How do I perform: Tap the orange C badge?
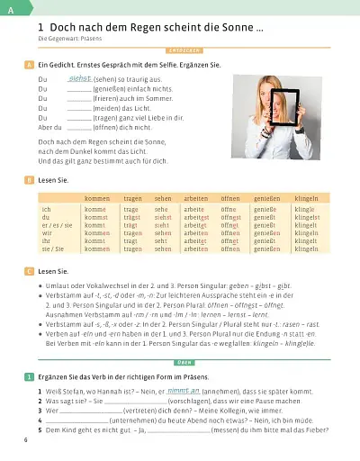pyautogui.click(x=31, y=270)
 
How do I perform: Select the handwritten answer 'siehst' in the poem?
pyautogui.click(x=81, y=78)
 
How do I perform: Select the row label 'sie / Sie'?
pyautogui.click(x=52, y=248)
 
